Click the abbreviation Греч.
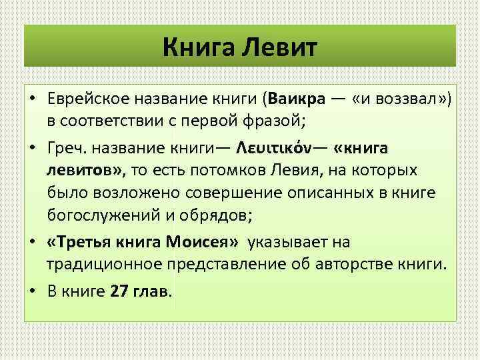pyautogui.click(x=67, y=148)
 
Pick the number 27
pyautogui.click(x=117, y=291)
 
